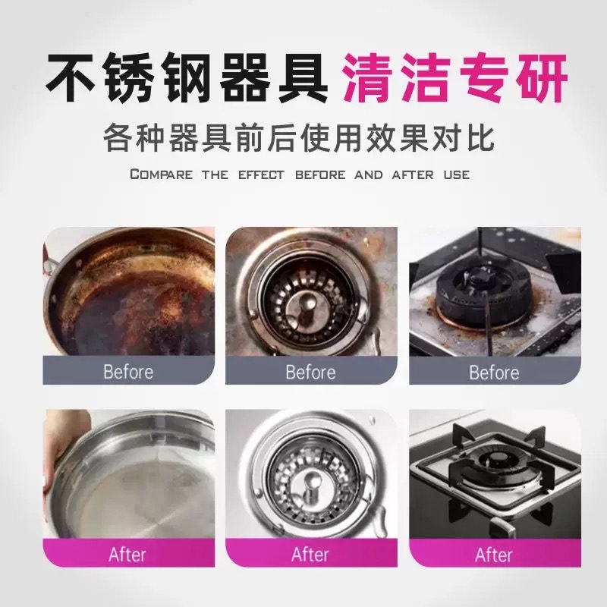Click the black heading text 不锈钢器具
pos(187,78)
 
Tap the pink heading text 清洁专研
pos(455,78)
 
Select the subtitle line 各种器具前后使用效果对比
pos(299,137)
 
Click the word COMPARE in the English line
pos(161,175)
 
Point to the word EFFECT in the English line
pos(261,175)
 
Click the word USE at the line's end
pos(457,175)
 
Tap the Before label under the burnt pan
pos(128,372)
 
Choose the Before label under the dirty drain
pos(310,372)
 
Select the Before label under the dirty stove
pos(494,373)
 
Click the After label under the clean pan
pos(127,555)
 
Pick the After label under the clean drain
pos(310,555)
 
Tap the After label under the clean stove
pos(494,555)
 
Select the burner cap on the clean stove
pos(497,461)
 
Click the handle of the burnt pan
pos(49,263)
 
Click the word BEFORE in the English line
pos(320,175)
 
